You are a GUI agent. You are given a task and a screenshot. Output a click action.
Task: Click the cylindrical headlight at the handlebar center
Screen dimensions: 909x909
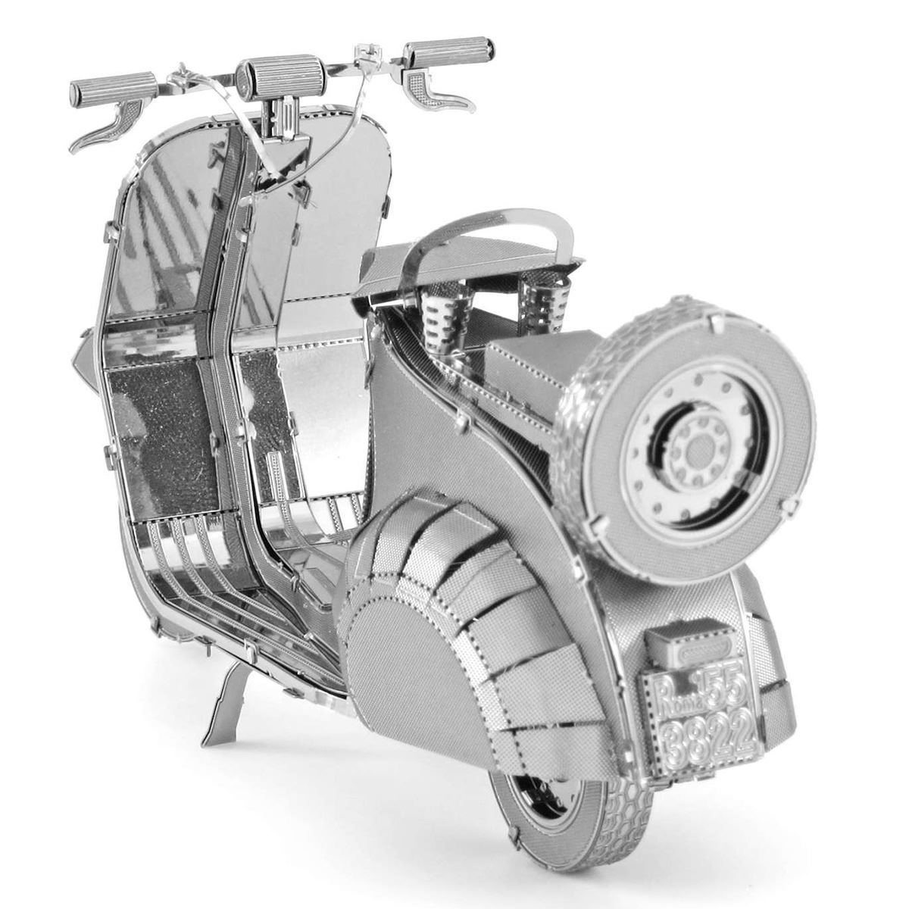[273, 74]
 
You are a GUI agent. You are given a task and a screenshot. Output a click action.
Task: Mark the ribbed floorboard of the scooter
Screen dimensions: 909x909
[227, 576]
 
